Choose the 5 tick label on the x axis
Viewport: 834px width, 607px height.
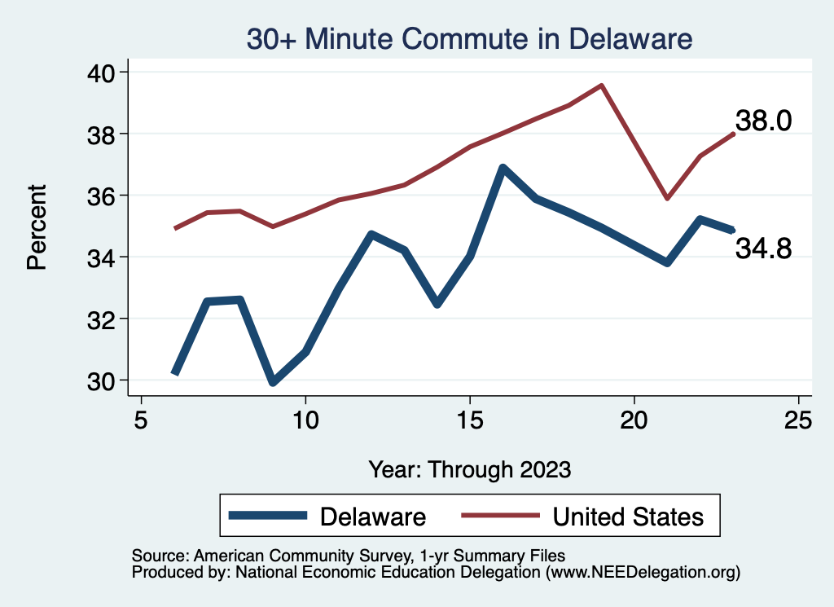pos(142,420)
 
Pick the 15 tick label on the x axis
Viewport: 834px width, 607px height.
pos(470,420)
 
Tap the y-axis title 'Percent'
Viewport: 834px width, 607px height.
pos(37,227)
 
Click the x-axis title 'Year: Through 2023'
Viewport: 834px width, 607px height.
pos(470,469)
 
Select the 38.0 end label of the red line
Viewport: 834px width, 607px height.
pos(763,122)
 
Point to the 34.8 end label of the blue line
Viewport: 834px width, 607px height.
pos(763,249)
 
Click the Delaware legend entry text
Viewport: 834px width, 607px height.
pos(373,517)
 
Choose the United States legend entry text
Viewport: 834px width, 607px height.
pos(628,517)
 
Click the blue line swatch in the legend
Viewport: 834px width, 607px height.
pos(269,516)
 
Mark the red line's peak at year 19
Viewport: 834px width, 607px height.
pos(601,85)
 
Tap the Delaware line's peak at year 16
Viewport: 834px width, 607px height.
pos(503,168)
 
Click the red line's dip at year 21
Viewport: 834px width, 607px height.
pos(667,198)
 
